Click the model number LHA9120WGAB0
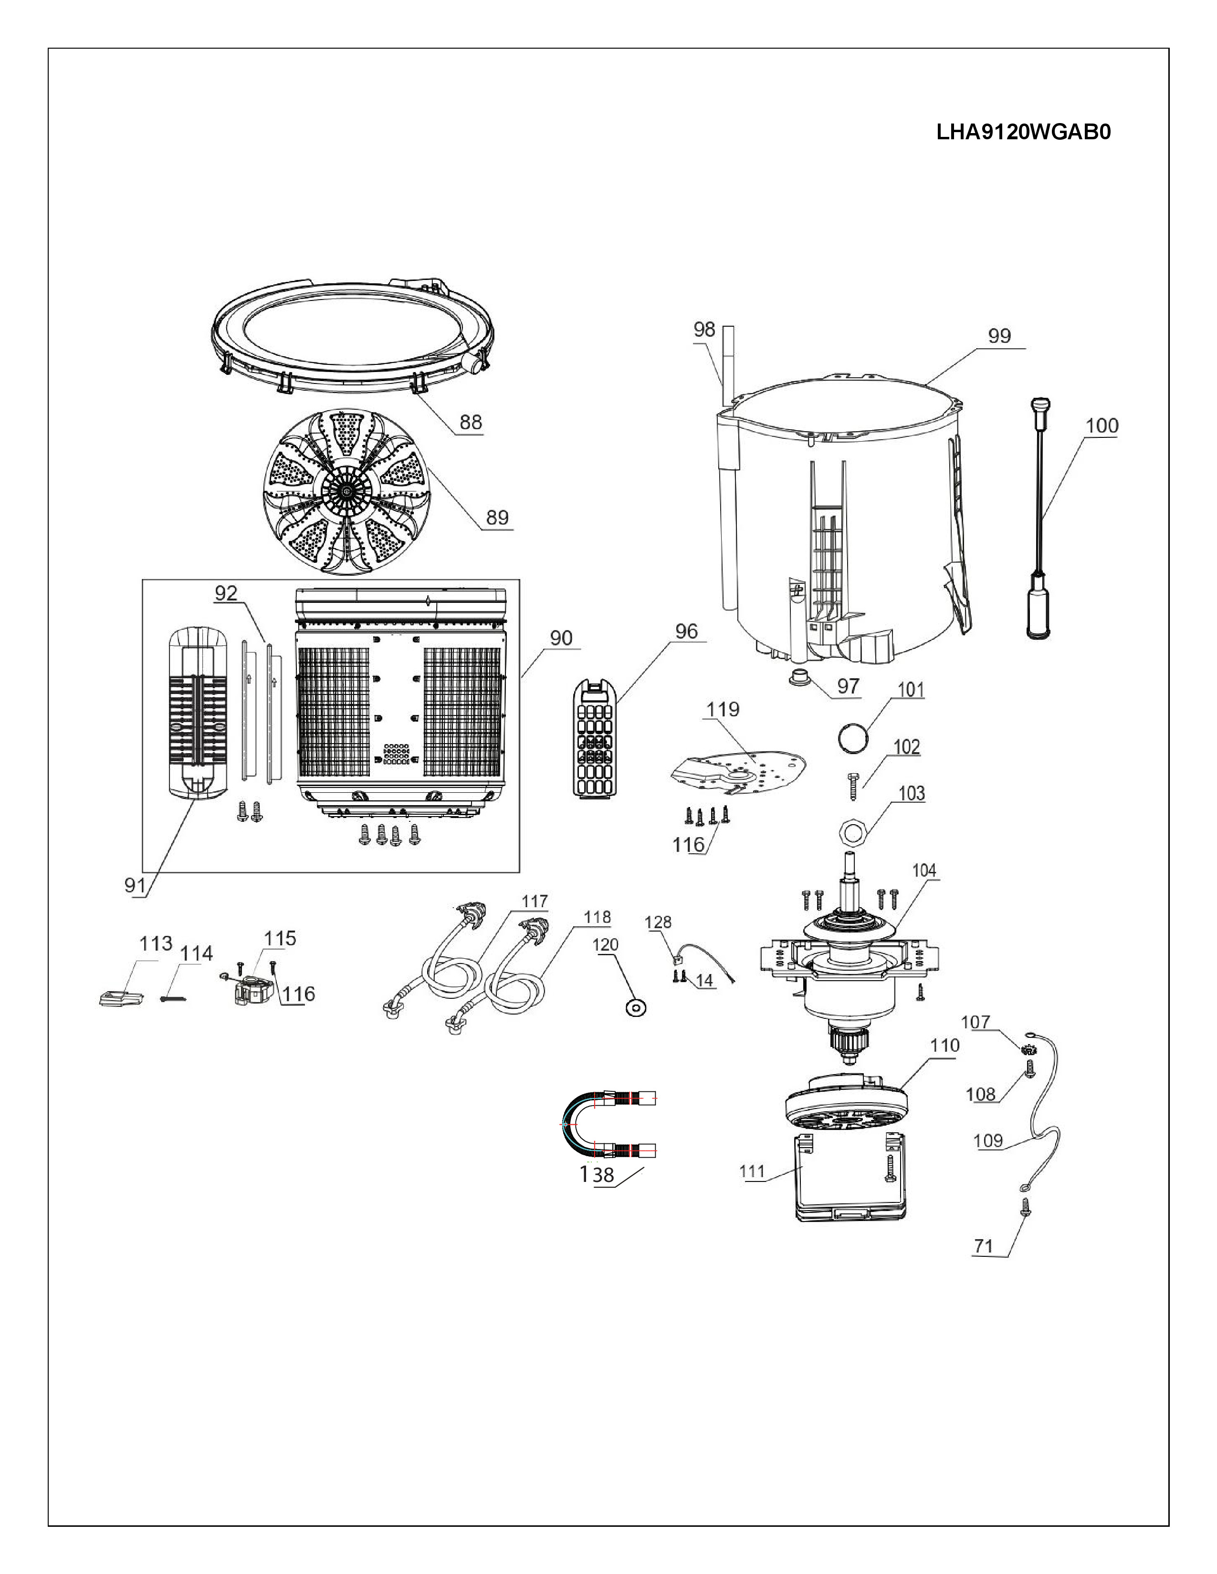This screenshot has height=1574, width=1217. [1023, 132]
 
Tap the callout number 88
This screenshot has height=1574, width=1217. [471, 422]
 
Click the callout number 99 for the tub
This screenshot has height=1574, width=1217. [999, 335]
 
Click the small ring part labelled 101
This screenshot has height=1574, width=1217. [852, 737]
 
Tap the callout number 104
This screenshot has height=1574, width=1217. [924, 870]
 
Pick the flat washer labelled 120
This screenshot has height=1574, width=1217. [636, 1007]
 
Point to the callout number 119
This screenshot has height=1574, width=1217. [723, 709]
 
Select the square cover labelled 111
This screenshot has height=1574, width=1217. [851, 1178]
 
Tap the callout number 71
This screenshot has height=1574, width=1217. [984, 1245]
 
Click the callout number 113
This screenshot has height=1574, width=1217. [156, 943]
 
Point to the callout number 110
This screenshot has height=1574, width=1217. [945, 1045]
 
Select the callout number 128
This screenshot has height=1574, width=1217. [658, 922]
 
